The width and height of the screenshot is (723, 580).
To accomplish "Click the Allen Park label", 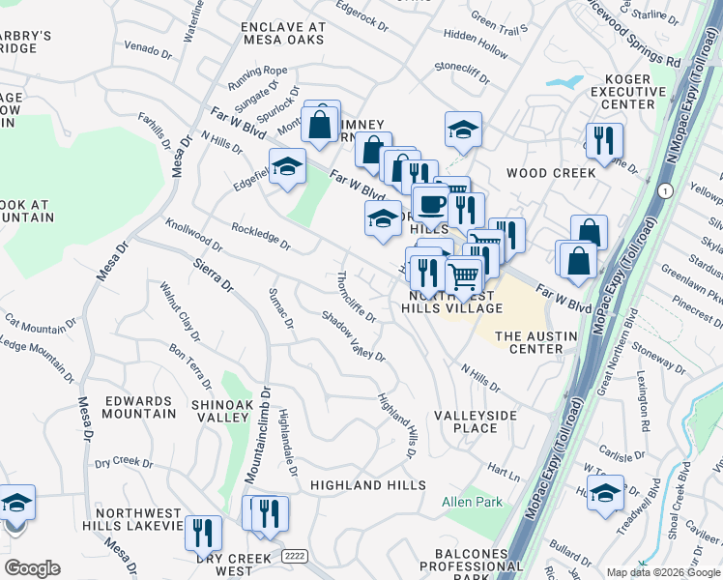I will tap(473, 503).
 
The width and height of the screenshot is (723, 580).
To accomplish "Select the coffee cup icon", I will tap(431, 204).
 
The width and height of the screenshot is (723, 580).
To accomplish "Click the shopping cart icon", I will tap(464, 275).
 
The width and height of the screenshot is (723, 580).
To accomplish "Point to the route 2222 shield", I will tap(295, 557).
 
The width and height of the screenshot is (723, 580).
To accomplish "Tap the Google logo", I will tap(32, 568).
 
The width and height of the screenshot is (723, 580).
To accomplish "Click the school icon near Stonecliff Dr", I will tap(463, 130).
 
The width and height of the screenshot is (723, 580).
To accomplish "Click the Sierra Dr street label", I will tap(213, 275).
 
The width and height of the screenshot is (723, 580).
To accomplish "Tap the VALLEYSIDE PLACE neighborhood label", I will tap(476, 421).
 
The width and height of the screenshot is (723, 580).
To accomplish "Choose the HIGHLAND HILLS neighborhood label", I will tap(367, 484).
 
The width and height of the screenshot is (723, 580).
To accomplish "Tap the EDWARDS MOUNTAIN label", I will tap(139, 407).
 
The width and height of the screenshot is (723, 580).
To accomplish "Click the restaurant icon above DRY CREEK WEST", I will tap(203, 531).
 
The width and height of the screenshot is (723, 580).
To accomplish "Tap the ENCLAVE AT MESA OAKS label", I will tap(283, 34).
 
